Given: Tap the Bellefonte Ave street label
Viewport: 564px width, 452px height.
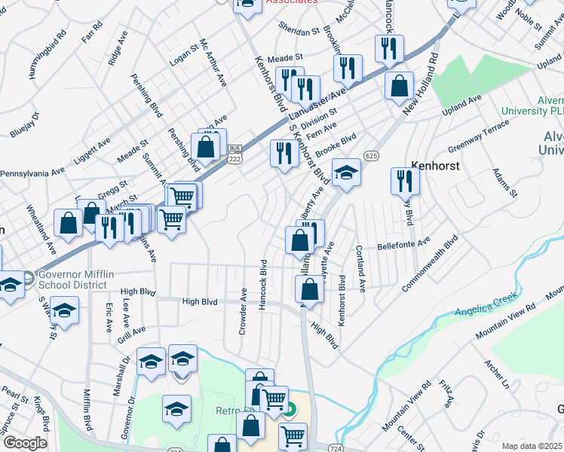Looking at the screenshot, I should point(403,244).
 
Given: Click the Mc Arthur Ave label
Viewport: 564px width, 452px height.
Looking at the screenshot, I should point(213,63).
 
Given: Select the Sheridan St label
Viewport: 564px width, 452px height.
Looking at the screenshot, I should point(299,32).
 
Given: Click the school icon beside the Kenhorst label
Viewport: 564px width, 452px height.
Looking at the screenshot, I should point(346,173).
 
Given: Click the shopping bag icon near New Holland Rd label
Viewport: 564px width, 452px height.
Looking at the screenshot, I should point(398,87).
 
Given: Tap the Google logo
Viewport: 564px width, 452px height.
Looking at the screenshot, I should point(24,443).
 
